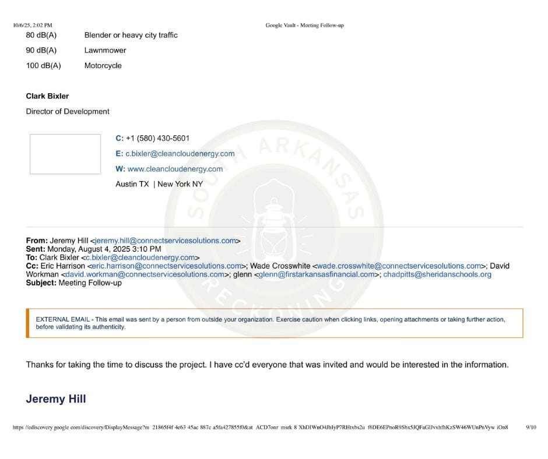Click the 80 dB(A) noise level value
(41, 35)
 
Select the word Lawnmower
(105, 50)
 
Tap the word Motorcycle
(103, 66)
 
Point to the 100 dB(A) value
(43, 66)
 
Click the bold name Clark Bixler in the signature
(47, 96)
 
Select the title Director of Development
(68, 111)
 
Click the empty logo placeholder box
(65, 154)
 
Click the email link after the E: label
(180, 154)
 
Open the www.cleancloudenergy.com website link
(175, 169)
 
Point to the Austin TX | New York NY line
(159, 184)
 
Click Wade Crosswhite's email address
(399, 266)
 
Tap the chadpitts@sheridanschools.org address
(437, 274)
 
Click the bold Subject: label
(41, 283)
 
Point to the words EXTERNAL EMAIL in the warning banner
(63, 319)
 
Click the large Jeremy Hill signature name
(56, 398)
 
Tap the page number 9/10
(531, 427)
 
